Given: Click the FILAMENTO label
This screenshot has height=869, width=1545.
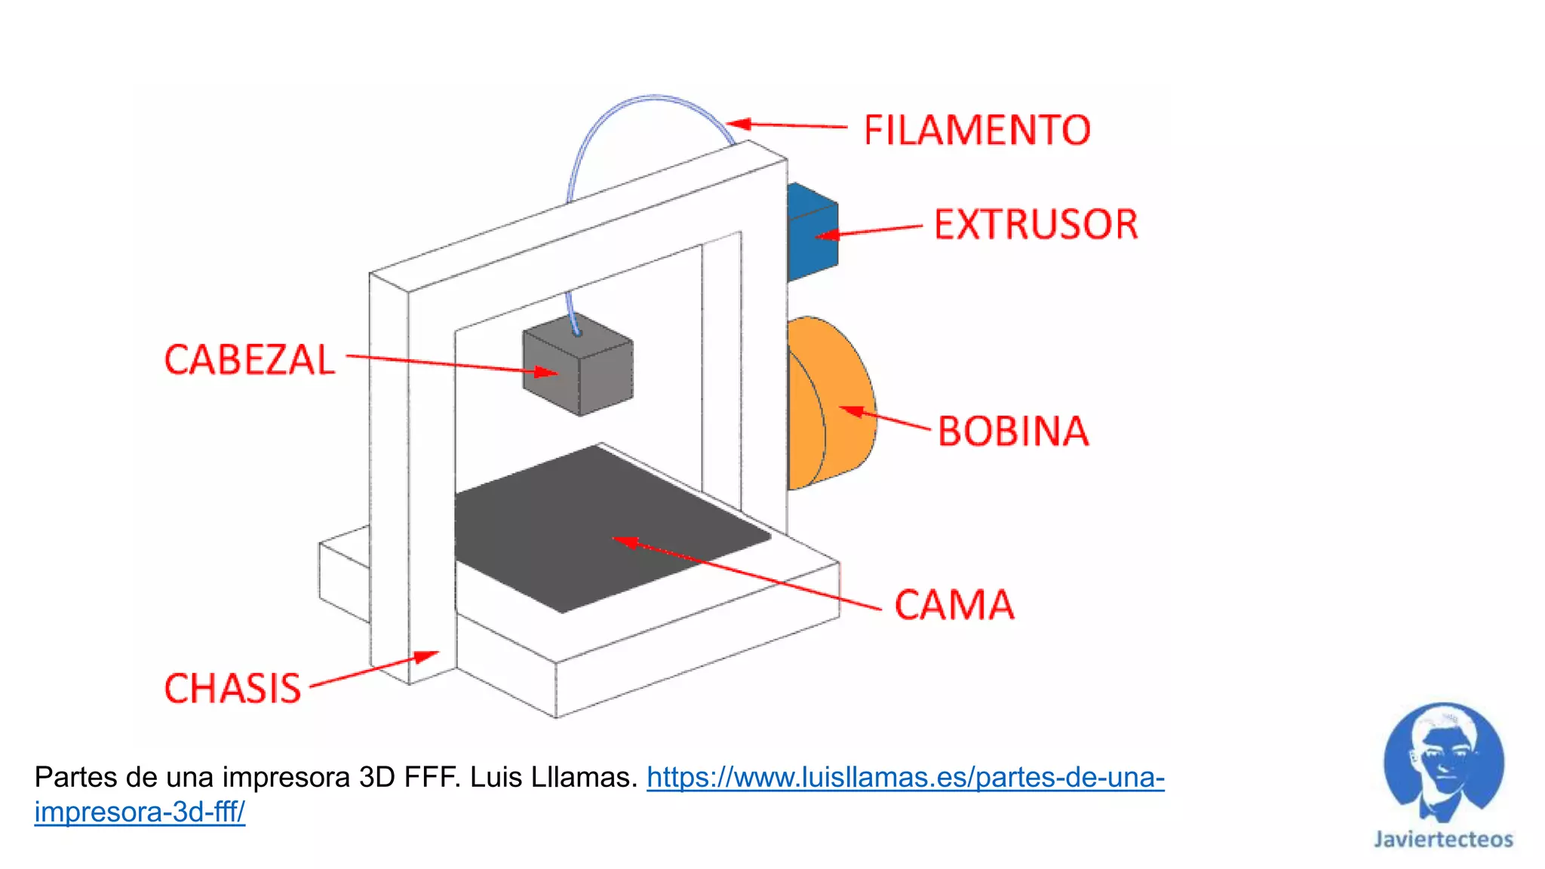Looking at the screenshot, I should pos(977,131).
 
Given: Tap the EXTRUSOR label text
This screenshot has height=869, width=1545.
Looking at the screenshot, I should pos(1036,225).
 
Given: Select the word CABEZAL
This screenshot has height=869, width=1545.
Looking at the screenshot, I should pos(250,360).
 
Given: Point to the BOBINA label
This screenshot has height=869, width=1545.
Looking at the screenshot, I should pos(1013,431).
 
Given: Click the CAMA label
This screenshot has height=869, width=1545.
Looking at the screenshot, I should pos(954,605).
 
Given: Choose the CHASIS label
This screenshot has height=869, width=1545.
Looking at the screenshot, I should pos(232,689).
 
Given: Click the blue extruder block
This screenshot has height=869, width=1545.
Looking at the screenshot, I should pos(812,230).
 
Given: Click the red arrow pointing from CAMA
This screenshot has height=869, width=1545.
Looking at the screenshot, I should pos(747,573).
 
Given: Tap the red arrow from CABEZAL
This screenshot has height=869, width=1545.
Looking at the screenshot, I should pos(453,364).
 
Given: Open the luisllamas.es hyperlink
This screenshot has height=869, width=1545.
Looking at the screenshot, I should pos(905,778).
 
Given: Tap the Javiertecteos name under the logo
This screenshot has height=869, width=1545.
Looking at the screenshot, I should pos(1443,840).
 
